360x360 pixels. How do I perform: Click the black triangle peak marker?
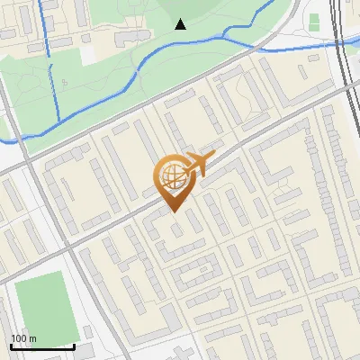[x=181, y=24]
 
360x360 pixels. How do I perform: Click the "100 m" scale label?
[x=23, y=338]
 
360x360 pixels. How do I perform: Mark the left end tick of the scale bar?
[x=11, y=345]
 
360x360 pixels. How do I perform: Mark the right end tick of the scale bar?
[x=75, y=345]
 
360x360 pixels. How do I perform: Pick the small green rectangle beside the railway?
[x=314, y=21]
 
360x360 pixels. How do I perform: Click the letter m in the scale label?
[x=33, y=338]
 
